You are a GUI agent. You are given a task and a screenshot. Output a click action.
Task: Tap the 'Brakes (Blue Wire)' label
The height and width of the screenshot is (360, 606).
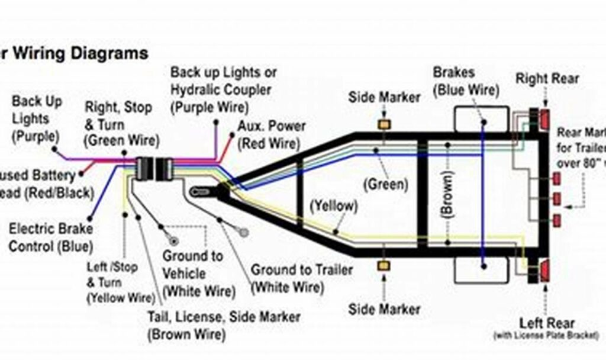(466, 82)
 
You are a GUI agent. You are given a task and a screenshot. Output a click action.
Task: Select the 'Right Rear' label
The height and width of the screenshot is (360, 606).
(547, 78)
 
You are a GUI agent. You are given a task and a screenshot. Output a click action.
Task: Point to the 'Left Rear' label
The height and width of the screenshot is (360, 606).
(547, 323)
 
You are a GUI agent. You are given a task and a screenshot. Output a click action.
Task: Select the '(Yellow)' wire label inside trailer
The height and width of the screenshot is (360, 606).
(334, 206)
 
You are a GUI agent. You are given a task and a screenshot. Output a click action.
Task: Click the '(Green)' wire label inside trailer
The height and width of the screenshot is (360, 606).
(386, 184)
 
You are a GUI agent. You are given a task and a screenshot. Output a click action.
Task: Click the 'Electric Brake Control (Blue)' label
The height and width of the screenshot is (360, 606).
(50, 237)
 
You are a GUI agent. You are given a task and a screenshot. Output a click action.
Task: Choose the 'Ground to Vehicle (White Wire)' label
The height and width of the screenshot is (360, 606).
(192, 273)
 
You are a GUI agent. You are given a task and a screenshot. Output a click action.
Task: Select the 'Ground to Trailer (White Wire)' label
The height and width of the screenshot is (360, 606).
(301, 278)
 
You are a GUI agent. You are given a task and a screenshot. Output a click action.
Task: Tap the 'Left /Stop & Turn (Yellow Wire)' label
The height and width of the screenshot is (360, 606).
(115, 282)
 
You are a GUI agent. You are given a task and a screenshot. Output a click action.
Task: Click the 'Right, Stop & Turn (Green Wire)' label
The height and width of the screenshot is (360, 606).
(121, 124)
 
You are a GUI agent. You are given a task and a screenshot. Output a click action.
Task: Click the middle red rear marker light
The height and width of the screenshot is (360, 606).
(556, 198)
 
